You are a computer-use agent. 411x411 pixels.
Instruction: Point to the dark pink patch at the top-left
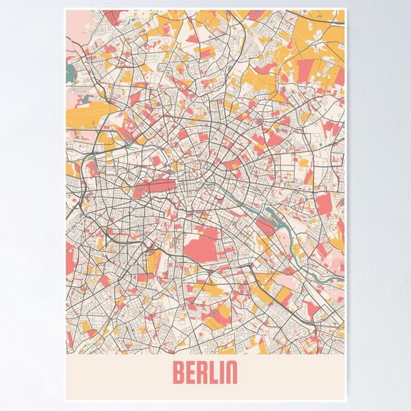point(111,16)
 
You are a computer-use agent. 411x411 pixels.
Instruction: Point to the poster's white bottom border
point(205,397)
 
